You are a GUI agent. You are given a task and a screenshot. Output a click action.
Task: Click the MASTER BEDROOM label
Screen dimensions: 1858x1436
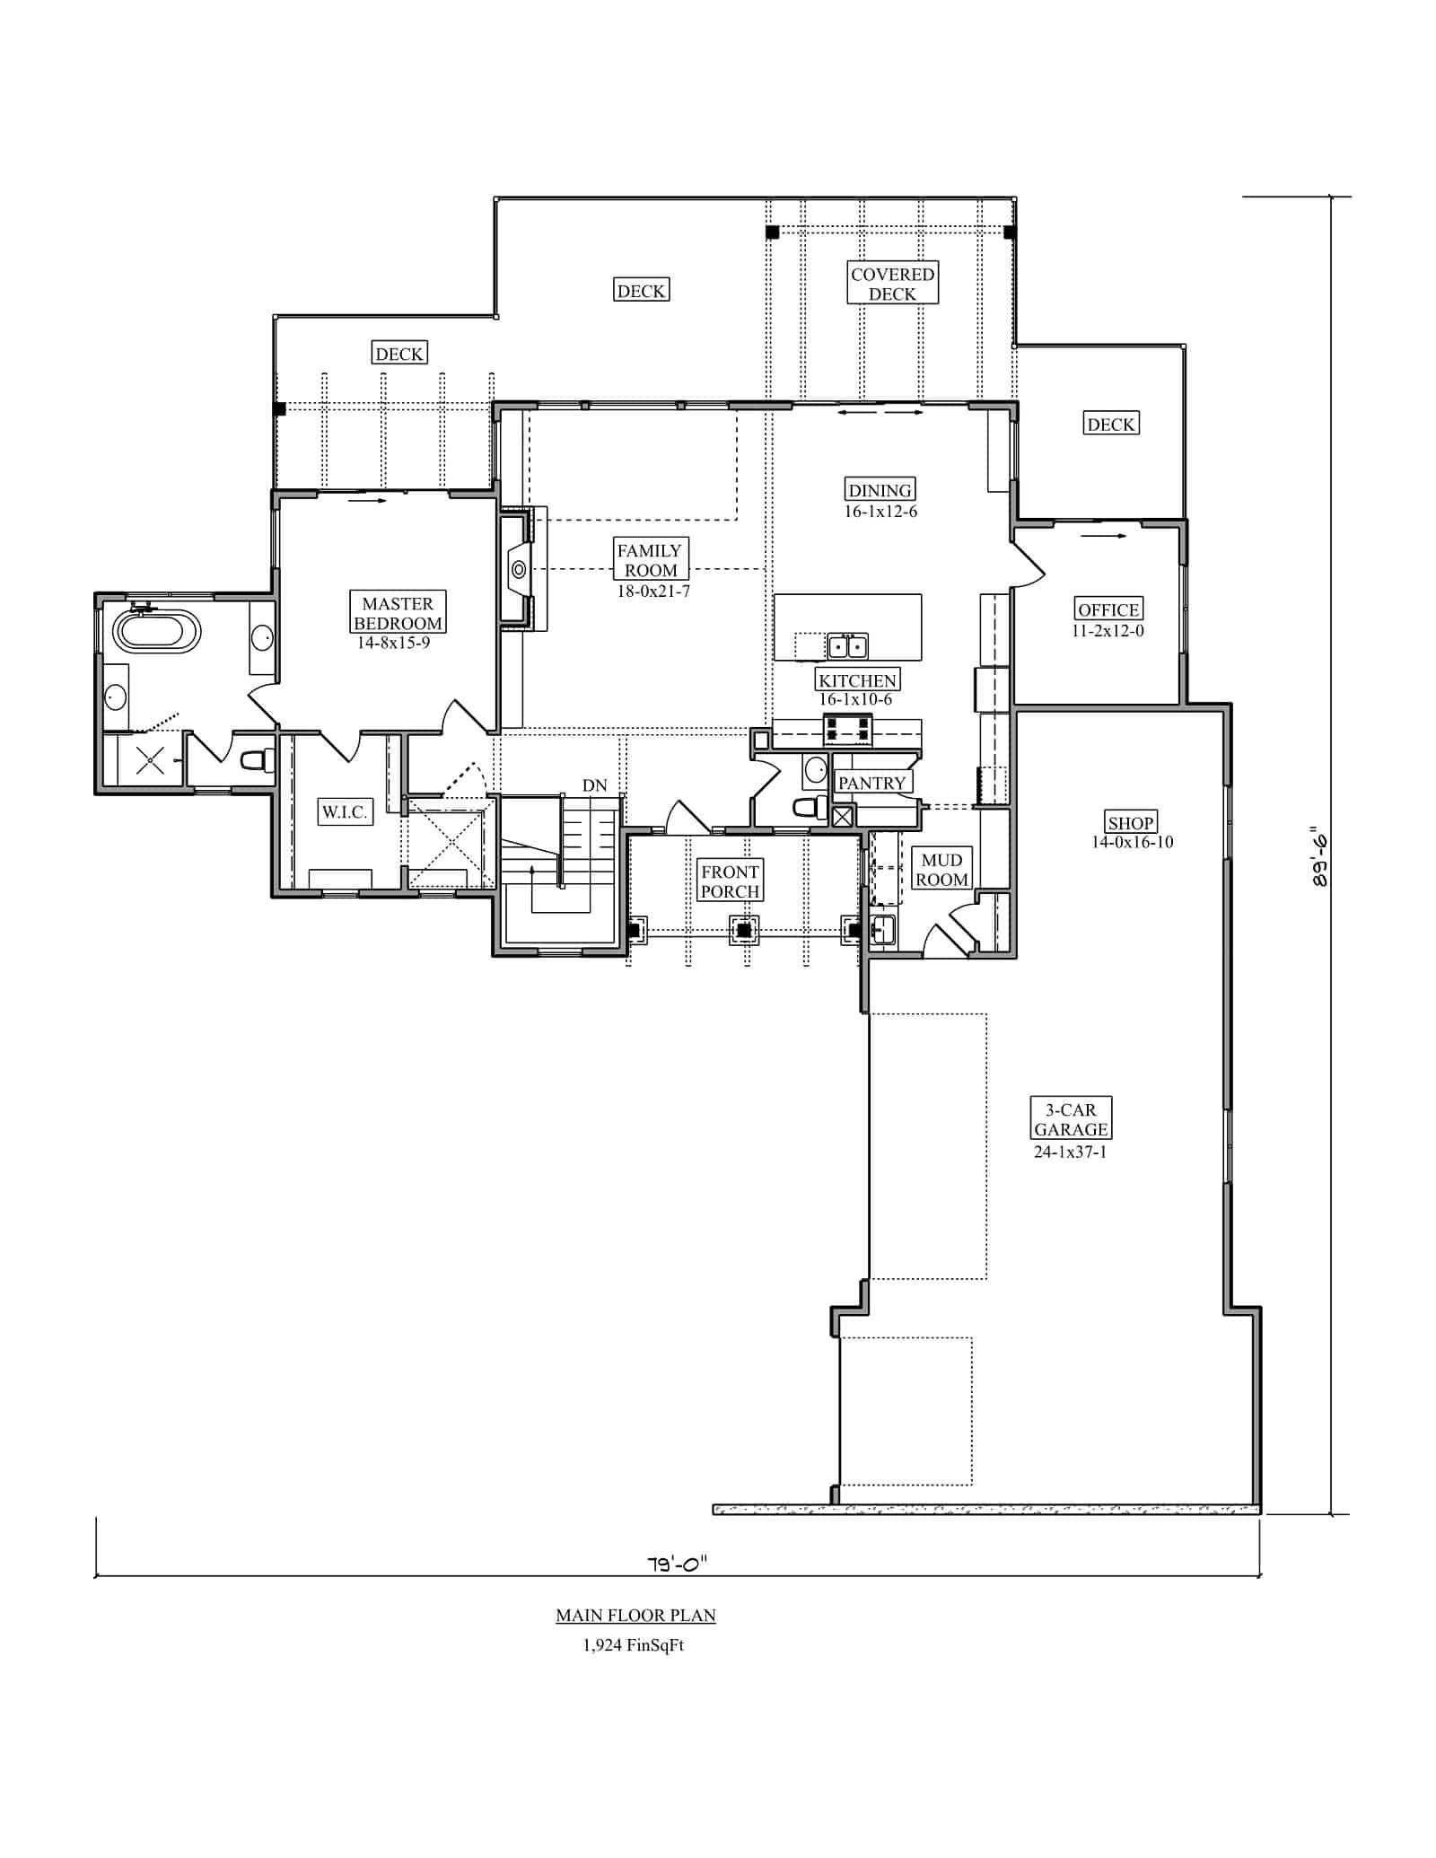pyautogui.click(x=398, y=613)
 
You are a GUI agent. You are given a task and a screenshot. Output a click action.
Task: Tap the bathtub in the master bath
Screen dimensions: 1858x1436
pyautogui.click(x=156, y=631)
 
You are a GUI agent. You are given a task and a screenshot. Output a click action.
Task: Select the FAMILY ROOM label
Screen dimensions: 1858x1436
pyautogui.click(x=650, y=560)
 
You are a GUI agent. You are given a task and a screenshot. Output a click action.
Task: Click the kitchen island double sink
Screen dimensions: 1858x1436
pyautogui.click(x=846, y=645)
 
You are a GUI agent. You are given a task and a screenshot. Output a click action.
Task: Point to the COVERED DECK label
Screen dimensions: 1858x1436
pyautogui.click(x=892, y=284)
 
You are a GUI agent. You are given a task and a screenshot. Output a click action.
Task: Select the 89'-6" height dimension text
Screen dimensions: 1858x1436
pyautogui.click(x=1318, y=857)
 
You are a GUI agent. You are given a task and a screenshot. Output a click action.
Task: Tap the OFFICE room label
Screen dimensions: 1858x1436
pyautogui.click(x=1108, y=609)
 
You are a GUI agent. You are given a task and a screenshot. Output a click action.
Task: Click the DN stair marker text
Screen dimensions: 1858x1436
pyautogui.click(x=594, y=785)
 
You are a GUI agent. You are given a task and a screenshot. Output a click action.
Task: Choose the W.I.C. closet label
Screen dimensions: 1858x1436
pyautogui.click(x=345, y=812)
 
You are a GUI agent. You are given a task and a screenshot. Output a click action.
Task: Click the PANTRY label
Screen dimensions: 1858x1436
pyautogui.click(x=871, y=783)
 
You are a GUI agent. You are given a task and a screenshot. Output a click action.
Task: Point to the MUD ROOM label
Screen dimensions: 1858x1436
pyautogui.click(x=941, y=870)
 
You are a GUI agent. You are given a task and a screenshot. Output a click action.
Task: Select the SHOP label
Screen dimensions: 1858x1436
pyautogui.click(x=1130, y=822)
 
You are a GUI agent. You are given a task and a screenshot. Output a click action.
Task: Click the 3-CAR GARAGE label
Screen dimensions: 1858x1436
pyautogui.click(x=1071, y=1119)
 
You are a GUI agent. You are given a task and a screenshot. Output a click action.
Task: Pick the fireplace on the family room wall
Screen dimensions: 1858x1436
pyautogui.click(x=519, y=569)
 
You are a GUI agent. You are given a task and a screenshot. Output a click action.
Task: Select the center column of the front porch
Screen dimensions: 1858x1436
pyautogui.click(x=744, y=931)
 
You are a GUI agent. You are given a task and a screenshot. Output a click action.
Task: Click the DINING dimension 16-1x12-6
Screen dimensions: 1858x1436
pyautogui.click(x=880, y=512)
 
